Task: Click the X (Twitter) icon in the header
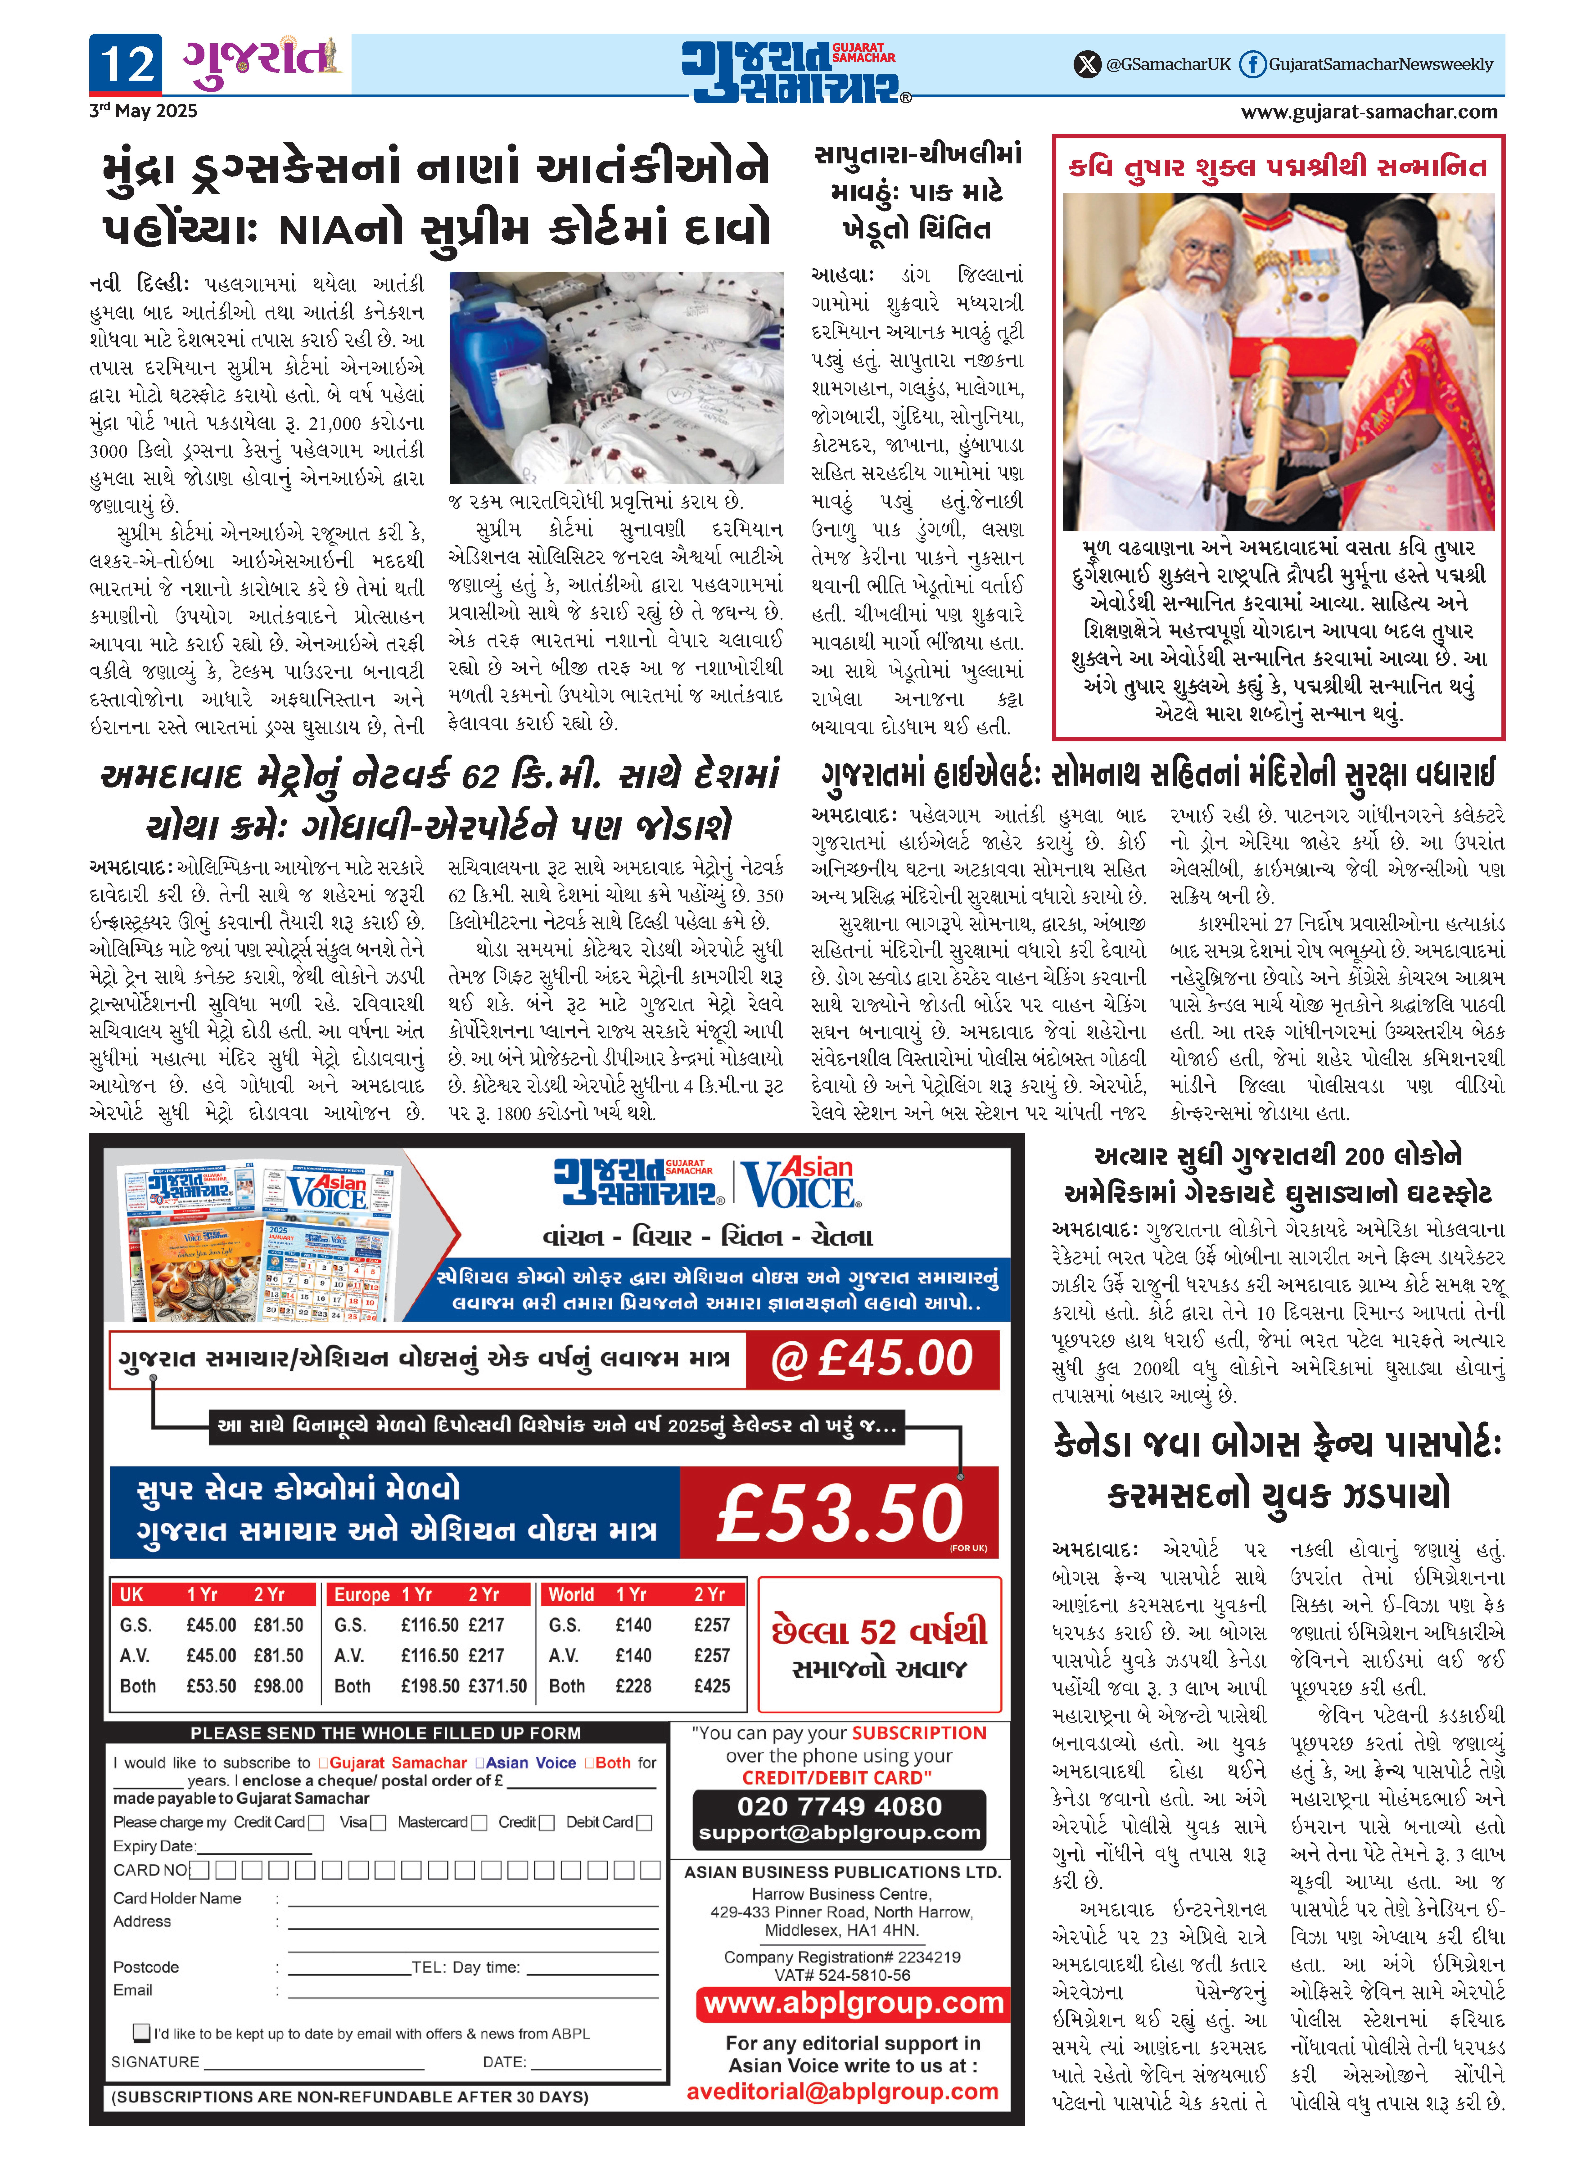pos(1087,65)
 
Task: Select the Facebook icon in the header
pos(1252,65)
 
